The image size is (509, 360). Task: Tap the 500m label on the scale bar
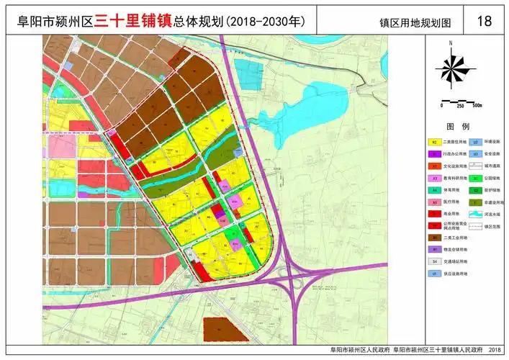pos(476,105)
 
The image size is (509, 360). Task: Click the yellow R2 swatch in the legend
pos(434,143)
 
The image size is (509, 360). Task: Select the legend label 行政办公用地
pos(455,154)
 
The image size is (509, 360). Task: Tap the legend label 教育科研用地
pos(455,178)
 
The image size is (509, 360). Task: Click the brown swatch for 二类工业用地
pos(434,237)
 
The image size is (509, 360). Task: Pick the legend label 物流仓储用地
pos(455,249)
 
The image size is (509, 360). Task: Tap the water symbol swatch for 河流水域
pos(475,214)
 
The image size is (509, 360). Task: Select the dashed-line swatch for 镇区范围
pos(475,225)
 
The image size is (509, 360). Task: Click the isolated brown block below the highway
pos(224,328)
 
